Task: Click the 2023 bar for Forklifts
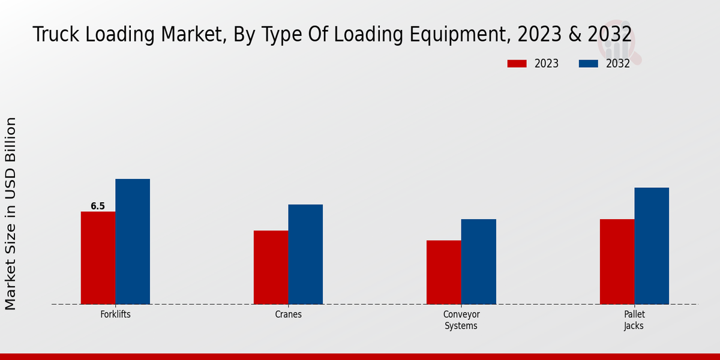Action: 98,258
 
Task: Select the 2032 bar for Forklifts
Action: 133,241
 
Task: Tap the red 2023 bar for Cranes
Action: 271,267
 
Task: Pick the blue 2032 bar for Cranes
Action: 305,254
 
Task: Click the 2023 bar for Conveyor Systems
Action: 444,272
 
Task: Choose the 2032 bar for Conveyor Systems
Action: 479,262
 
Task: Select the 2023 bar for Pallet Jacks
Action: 617,262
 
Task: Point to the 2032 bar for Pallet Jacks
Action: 652,246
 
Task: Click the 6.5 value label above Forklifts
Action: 98,206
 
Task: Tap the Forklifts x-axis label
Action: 115,314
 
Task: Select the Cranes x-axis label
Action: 289,314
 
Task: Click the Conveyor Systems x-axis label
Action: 461,320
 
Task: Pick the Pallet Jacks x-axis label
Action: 634,320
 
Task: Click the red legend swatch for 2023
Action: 517,64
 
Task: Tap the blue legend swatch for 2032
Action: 589,64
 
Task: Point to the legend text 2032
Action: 618,64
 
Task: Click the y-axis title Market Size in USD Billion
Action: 11,214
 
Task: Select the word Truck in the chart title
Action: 56,35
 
